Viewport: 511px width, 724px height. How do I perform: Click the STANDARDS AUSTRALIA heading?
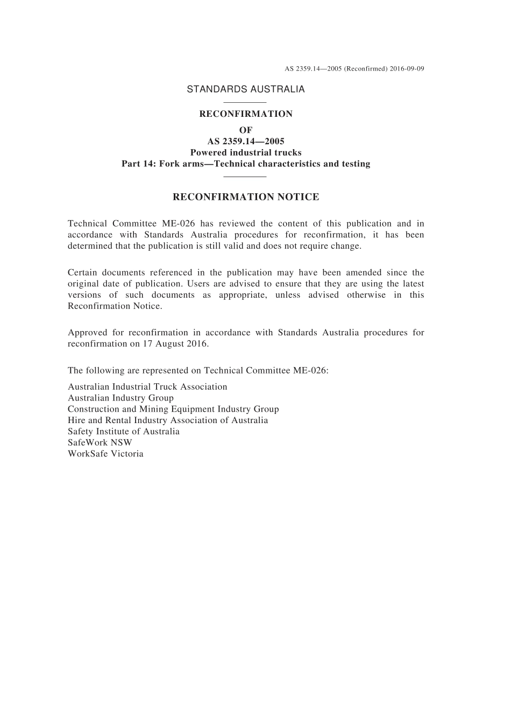coord(245,89)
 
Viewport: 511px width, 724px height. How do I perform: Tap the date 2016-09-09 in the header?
coord(407,69)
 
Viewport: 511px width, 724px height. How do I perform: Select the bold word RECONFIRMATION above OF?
coord(246,114)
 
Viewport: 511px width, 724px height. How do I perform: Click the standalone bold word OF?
coord(246,130)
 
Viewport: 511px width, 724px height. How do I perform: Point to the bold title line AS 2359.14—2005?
coord(246,142)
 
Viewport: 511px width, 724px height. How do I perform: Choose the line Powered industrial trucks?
coord(246,153)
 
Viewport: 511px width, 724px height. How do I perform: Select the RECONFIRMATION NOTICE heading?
coord(246,197)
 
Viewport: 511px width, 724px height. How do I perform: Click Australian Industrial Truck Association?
coord(147,387)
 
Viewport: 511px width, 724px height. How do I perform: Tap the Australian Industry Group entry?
coord(120,398)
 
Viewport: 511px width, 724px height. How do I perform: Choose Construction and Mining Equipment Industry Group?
coord(173,409)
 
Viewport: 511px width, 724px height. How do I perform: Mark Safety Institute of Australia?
coord(124,432)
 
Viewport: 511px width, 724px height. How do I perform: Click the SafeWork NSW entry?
coord(100,443)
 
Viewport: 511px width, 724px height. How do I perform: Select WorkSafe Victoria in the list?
coord(105,454)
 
